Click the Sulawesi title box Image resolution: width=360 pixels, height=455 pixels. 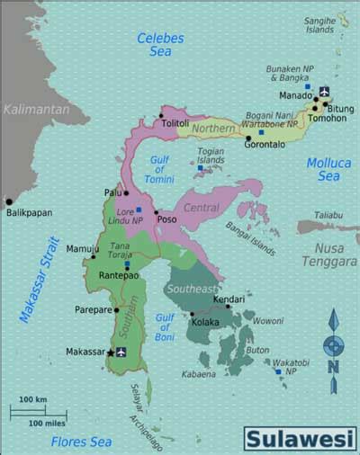pos(300,437)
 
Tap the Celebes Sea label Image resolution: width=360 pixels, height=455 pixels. pos(159,45)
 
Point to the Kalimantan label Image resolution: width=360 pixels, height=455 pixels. pos(35,109)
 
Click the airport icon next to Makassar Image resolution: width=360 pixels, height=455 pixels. pos(121,352)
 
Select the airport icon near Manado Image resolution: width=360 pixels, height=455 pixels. pos(324,91)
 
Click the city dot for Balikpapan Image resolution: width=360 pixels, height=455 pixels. pos(9,201)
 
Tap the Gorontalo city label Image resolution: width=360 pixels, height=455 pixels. pos(264,143)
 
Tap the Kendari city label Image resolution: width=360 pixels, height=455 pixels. pos(229,298)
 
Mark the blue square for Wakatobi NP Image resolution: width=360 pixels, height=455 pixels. pos(278,370)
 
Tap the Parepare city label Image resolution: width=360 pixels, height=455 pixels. pos(93,309)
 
